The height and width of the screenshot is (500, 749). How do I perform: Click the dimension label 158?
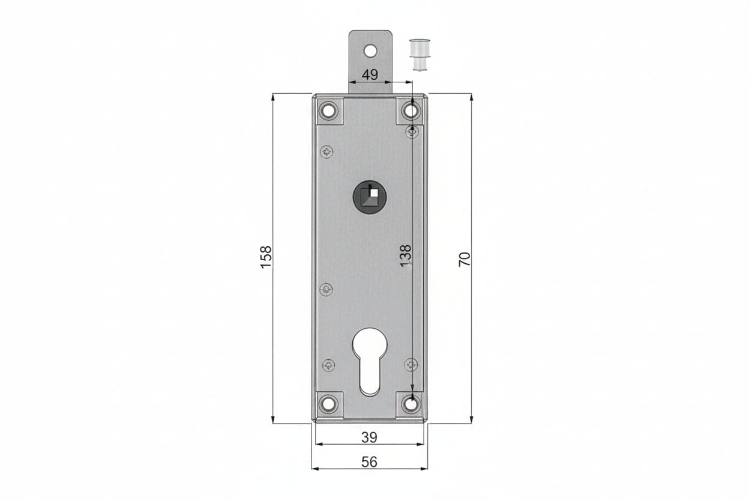coord(266,257)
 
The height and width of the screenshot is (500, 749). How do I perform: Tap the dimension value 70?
coord(465,259)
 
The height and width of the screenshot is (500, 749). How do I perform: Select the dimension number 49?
coord(370,75)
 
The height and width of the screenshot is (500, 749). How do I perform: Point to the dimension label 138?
coord(406,256)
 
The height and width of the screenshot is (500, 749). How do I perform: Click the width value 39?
coord(370,437)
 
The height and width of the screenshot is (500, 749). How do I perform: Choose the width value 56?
coord(370,462)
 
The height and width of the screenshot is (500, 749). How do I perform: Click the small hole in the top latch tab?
coord(370,51)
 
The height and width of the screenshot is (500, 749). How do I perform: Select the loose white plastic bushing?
coord(420,55)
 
